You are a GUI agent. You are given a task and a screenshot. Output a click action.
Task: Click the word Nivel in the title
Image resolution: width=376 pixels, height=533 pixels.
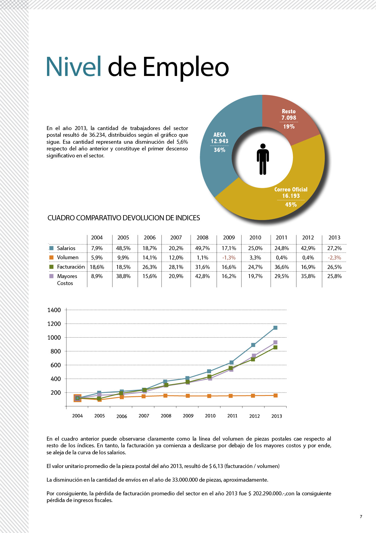[74, 67]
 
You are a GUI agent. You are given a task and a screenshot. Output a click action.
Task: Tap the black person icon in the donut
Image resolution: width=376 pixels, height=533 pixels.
[263, 159]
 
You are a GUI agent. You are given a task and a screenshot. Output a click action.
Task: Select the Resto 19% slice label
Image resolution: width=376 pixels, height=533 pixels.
[289, 119]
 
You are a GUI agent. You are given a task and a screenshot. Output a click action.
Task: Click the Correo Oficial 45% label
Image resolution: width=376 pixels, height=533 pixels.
[291, 197]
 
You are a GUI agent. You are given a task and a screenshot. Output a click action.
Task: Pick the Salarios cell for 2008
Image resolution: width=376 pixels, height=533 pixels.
[203, 248]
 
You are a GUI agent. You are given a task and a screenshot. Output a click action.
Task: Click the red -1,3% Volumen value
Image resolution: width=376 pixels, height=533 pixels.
[229, 258]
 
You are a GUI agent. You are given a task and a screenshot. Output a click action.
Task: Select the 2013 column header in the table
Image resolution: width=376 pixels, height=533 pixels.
[334, 238]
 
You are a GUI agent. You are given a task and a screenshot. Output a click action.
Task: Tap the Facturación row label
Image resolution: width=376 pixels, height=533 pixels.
[71, 267]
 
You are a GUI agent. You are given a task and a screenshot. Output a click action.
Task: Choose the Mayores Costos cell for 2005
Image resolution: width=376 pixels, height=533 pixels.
[123, 276]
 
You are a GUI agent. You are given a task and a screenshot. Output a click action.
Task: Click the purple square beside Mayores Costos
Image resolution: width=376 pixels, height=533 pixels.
[51, 276]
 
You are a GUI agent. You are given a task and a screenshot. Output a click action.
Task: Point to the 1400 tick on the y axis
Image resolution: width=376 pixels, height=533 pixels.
[54, 310]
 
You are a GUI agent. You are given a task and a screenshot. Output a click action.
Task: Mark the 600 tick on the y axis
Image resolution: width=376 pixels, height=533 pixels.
[56, 365]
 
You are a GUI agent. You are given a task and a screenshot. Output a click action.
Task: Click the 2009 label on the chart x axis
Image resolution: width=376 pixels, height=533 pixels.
[188, 416]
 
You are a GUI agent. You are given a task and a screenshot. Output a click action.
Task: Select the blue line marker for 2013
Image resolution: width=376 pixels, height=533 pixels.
[275, 328]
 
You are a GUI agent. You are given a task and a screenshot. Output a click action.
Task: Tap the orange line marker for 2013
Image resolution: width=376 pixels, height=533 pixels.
[276, 395]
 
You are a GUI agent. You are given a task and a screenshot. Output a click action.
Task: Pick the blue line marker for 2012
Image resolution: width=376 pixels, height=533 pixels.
[253, 345]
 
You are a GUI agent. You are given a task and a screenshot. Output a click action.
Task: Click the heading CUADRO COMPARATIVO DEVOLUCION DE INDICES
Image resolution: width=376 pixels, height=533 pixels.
[124, 218]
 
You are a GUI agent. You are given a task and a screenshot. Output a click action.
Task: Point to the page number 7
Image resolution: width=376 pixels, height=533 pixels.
[361, 517]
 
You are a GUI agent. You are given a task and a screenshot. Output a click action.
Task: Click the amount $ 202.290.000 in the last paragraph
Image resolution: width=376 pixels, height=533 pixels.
[265, 493]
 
